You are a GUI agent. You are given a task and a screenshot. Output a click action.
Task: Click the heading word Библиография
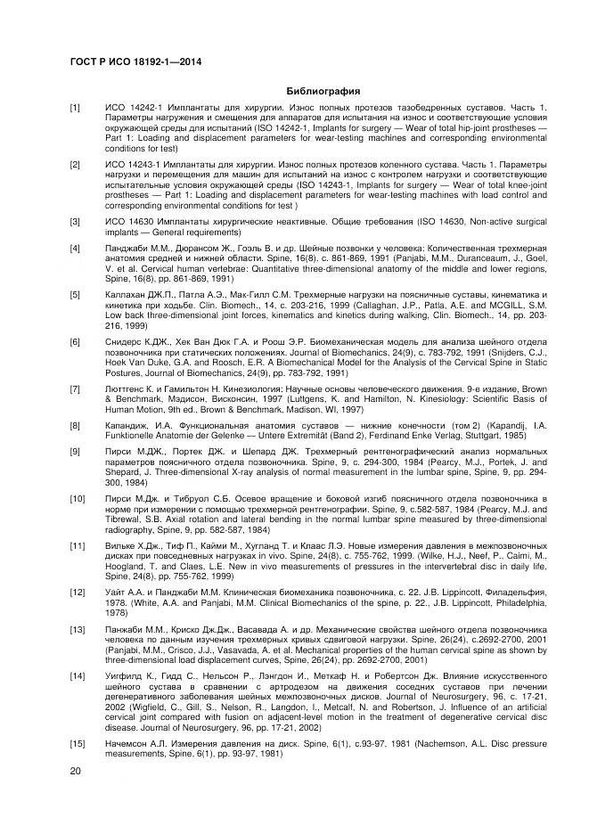click(323, 91)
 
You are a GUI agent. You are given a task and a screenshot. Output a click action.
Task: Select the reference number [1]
click(76, 108)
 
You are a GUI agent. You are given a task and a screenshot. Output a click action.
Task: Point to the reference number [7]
click(76, 389)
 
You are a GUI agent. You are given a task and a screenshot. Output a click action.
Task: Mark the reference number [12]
click(78, 591)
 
